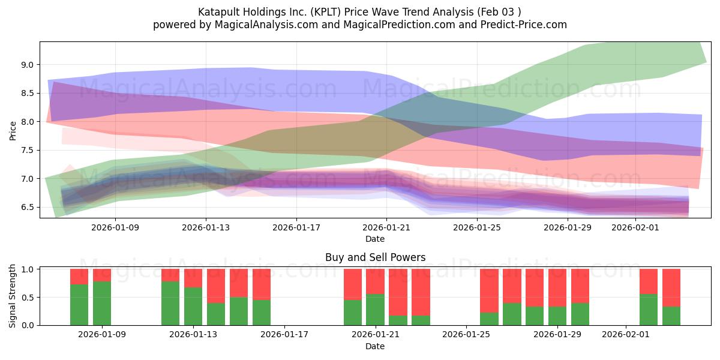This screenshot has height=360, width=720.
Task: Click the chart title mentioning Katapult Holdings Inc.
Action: click(359, 11)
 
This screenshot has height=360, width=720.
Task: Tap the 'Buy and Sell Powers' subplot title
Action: click(375, 257)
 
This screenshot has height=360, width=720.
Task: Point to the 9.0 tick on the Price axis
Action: click(27, 65)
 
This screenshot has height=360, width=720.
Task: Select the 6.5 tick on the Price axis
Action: click(27, 208)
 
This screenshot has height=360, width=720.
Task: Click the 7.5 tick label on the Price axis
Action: click(27, 151)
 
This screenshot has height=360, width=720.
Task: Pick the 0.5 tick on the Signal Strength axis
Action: click(27, 298)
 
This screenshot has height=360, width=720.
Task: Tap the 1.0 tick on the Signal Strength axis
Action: click(27, 269)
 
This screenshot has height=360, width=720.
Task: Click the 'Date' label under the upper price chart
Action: click(375, 239)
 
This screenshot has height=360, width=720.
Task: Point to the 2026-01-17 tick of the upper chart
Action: click(296, 227)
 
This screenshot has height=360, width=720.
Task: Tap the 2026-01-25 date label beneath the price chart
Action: click(476, 227)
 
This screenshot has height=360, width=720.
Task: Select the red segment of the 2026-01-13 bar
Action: click(193, 278)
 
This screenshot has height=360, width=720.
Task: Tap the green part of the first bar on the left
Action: click(79, 305)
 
